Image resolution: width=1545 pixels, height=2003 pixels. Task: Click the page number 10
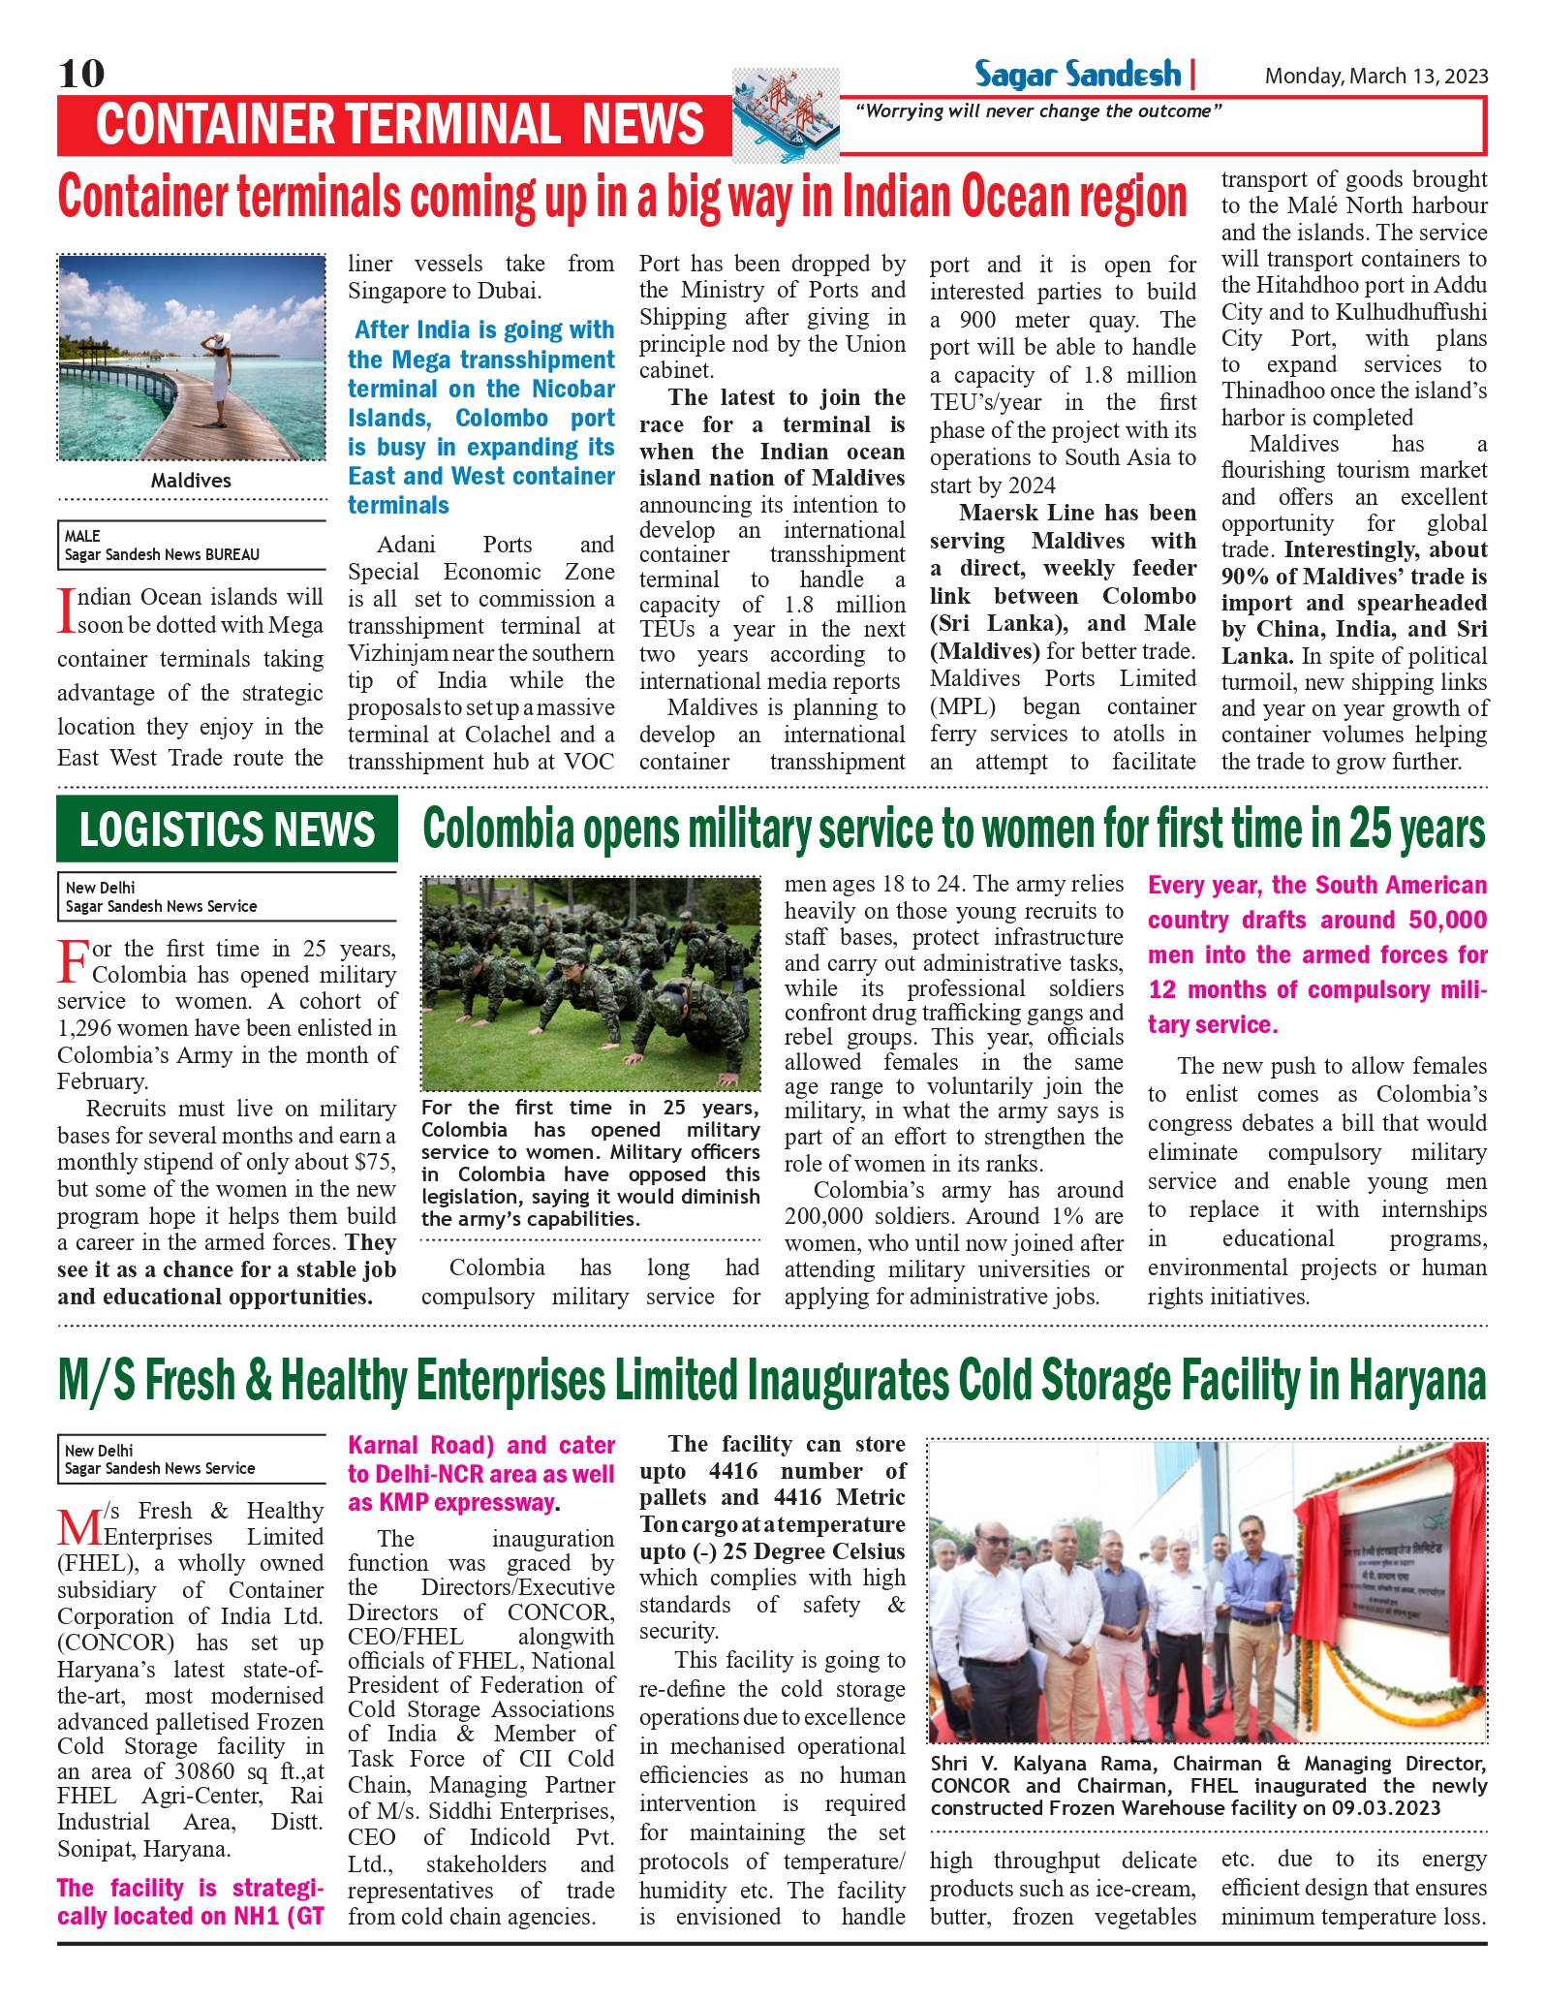tap(81, 74)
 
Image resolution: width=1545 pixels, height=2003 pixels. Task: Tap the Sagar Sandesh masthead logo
tap(1077, 75)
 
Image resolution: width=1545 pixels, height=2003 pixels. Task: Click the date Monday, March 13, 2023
tap(1375, 77)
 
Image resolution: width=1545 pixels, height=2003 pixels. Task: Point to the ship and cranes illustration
tap(786, 114)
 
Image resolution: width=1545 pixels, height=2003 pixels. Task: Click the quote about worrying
tap(1037, 111)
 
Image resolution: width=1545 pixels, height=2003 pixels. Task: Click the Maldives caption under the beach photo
tap(191, 481)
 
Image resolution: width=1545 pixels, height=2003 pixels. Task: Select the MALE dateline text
tap(82, 536)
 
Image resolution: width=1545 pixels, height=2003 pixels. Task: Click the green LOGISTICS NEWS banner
tap(227, 829)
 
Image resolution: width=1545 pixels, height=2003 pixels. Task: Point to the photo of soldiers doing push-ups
tap(590, 985)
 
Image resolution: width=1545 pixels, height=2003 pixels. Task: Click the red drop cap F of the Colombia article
tap(74, 961)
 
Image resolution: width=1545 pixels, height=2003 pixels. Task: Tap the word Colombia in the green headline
tap(498, 829)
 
